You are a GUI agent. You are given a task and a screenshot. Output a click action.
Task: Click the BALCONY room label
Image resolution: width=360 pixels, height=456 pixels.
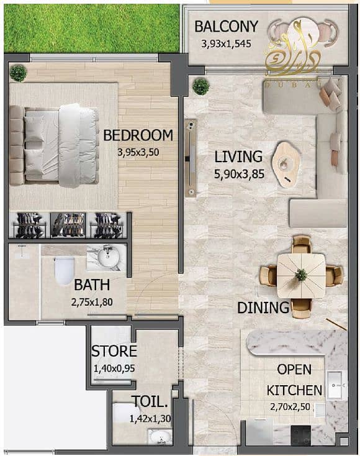point(225,26)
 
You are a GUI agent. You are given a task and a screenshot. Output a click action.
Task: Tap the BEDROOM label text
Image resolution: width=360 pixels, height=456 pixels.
point(137,135)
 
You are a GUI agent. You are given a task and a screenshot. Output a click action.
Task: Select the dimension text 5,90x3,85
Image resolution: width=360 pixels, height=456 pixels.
point(239,175)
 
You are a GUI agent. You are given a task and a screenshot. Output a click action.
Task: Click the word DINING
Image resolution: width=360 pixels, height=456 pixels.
point(263,307)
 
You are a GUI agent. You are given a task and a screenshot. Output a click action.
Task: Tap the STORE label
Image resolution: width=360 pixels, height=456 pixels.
point(114,351)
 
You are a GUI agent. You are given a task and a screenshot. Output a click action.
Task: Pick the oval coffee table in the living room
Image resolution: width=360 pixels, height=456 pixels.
point(286,163)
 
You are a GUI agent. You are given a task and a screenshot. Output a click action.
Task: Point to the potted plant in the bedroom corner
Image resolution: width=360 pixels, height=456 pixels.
point(19,73)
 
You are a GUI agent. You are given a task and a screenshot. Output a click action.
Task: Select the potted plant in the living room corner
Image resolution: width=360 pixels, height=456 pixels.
point(200,86)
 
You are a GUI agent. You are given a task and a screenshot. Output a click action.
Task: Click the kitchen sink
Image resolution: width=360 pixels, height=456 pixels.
point(333,385)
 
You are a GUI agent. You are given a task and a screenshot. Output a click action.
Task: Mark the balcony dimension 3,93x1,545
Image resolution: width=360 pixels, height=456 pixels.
point(226,44)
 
